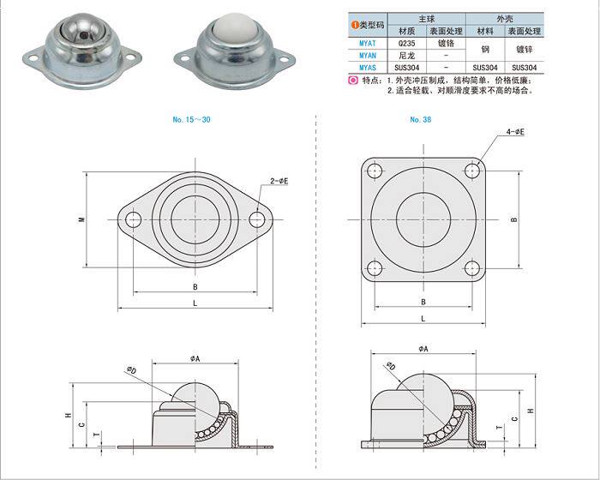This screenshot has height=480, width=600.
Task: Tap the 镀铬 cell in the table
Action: (x=446, y=41)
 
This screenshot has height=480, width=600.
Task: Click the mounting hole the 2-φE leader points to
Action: (x=257, y=219)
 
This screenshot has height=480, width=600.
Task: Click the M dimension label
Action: (x=82, y=219)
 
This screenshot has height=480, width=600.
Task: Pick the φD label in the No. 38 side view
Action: (x=391, y=367)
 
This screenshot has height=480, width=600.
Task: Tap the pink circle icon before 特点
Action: (x=354, y=81)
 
